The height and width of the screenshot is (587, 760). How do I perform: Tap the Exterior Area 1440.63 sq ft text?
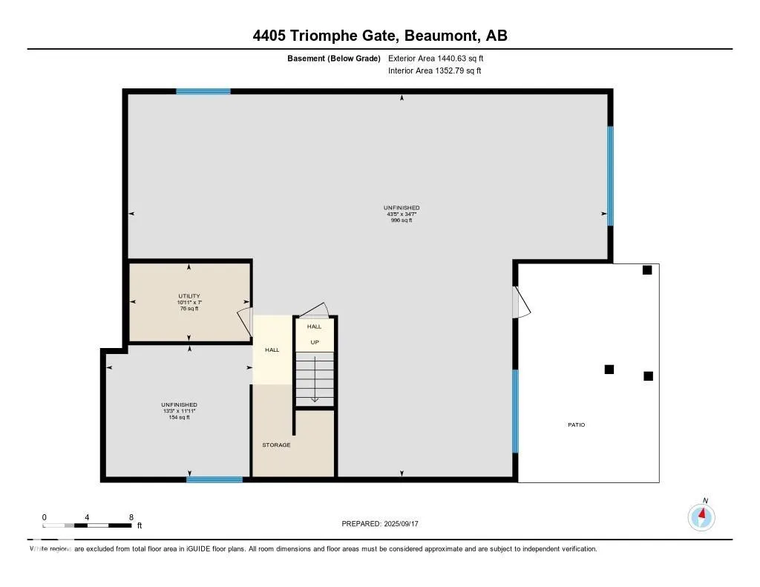pos(436,58)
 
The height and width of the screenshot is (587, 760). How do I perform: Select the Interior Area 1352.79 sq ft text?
pos(434,71)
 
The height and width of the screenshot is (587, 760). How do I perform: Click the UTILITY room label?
pos(189,296)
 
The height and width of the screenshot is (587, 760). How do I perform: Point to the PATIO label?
pos(577,425)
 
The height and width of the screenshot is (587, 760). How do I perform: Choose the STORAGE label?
pos(276,445)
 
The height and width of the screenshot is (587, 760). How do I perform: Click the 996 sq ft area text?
pos(402,220)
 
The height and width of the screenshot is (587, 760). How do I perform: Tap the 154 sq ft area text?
pos(179,417)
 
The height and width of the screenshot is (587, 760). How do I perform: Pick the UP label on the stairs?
pos(315,343)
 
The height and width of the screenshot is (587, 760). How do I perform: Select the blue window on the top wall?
pos(203,91)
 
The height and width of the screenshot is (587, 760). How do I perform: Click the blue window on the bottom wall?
pos(214,479)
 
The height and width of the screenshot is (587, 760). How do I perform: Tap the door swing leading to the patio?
pos(522,302)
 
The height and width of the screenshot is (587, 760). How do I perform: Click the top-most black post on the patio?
pos(647,270)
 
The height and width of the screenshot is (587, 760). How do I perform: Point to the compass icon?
pos(701,516)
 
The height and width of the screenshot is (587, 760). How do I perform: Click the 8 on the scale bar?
pos(131,517)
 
